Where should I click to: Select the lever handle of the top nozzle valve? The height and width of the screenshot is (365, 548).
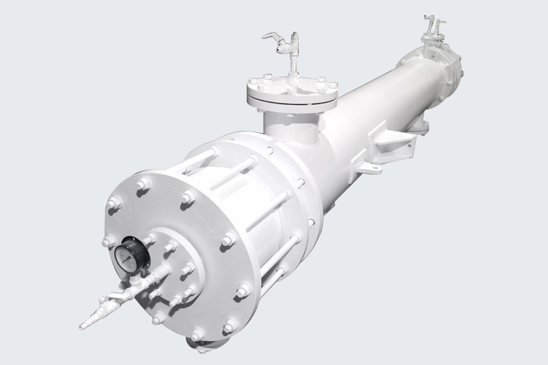tap(271, 38)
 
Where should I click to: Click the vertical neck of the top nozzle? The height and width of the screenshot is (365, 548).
tap(282, 127)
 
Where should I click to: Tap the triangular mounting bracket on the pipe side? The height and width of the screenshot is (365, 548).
tap(391, 144)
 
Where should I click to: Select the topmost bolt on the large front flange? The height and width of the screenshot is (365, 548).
tap(144, 184)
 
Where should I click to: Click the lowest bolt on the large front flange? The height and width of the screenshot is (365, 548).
tap(198, 335)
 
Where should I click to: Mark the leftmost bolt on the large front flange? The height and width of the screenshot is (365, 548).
tap(108, 241)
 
